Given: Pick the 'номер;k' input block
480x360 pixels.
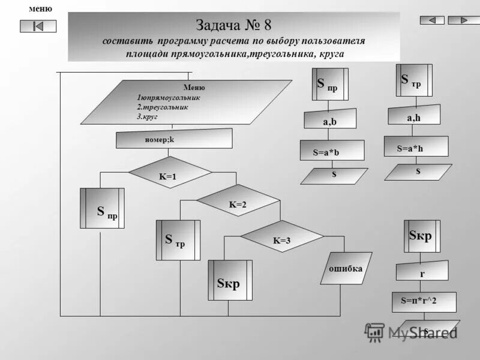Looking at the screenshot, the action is tap(174, 139).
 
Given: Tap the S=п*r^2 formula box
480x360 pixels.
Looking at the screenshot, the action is tap(424, 302).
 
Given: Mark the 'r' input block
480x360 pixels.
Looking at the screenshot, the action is tap(422, 271).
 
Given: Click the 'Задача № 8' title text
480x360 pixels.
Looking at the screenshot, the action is tap(233, 25).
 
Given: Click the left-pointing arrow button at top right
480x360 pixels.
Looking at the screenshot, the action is tap(432, 20).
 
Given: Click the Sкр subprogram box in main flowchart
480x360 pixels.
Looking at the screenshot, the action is tap(230, 280).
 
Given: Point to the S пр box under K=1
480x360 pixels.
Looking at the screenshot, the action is tap(103, 208).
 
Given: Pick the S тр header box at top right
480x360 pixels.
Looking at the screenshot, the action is tap(413, 80).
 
